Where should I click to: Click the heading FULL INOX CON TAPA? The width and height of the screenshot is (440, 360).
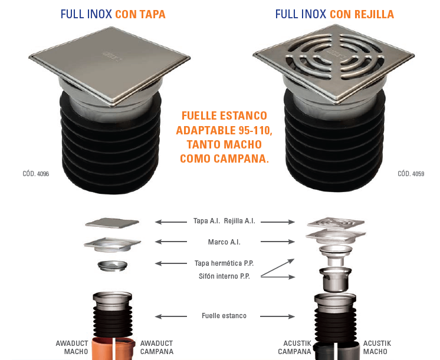click(x=113, y=14)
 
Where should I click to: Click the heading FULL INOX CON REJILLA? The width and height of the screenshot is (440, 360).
click(x=334, y=14)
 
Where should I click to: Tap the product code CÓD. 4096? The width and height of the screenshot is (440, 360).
click(x=35, y=174)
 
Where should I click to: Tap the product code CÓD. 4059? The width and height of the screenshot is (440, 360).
click(x=411, y=174)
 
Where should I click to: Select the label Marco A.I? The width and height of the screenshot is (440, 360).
click(x=224, y=242)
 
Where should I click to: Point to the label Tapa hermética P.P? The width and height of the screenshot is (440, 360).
click(x=224, y=263)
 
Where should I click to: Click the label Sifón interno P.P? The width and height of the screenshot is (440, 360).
click(x=224, y=276)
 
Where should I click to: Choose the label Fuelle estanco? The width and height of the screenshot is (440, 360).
click(x=224, y=316)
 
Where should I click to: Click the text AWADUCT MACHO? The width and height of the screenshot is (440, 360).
click(x=72, y=348)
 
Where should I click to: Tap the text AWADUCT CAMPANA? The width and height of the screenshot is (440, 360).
click(x=156, y=348)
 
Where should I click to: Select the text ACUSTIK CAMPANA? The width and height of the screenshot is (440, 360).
click(x=295, y=348)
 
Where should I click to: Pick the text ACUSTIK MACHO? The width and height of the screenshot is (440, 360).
click(x=377, y=348)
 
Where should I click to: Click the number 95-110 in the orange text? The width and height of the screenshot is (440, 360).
click(x=255, y=130)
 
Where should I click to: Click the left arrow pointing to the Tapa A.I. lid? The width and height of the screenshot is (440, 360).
click(x=171, y=222)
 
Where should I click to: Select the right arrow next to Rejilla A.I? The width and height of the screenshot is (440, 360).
click(x=278, y=222)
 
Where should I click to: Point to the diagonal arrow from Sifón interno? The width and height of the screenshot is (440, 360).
click(x=278, y=267)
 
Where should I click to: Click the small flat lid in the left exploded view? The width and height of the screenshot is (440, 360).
click(x=112, y=223)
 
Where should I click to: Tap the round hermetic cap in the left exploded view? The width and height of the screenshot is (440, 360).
click(x=112, y=266)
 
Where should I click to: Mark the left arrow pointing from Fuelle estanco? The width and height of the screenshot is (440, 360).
click(x=171, y=316)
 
